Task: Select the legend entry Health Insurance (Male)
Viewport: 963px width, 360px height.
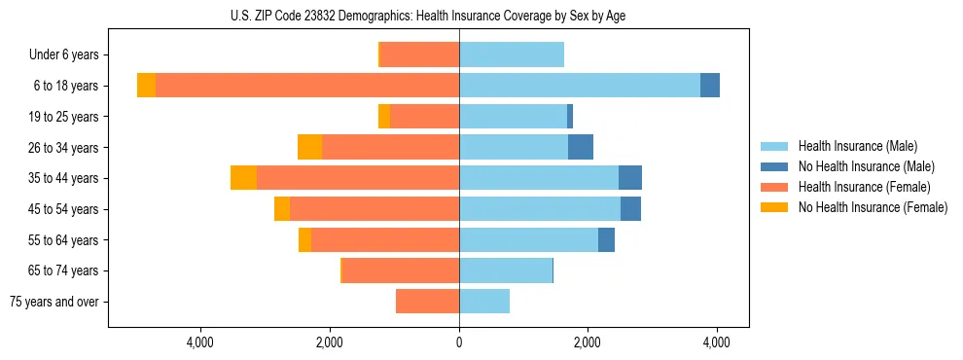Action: point(857,146)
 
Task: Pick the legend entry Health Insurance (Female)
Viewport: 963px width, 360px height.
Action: point(864,187)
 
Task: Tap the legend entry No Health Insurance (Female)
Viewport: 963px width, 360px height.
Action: point(872,207)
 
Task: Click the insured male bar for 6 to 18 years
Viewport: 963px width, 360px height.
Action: point(579,86)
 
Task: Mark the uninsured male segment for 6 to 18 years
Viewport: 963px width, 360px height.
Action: point(710,86)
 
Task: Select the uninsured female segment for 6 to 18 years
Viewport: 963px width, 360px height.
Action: point(146,86)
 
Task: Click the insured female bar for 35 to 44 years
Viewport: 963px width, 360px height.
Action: point(358,178)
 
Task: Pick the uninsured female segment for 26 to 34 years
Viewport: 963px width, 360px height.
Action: point(309,147)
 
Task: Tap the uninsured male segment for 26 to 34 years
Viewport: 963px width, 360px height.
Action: point(581,147)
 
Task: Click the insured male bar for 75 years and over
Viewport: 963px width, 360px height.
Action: point(484,302)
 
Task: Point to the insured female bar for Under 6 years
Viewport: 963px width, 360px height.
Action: point(419,55)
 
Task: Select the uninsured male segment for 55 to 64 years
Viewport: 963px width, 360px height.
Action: point(606,239)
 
